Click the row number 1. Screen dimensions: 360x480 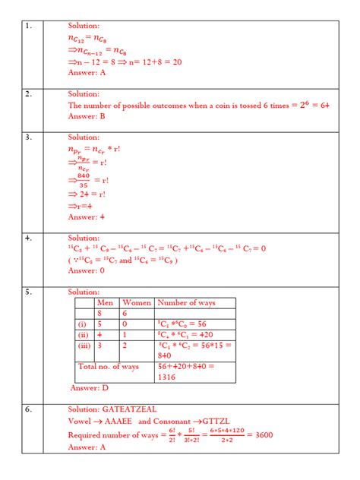(x=28, y=27)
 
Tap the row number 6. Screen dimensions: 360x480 (x=28, y=409)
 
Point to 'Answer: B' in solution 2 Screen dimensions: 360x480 (x=86, y=117)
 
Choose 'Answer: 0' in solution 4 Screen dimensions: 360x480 (x=86, y=270)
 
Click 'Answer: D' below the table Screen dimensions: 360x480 (x=89, y=387)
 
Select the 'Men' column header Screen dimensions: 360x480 (x=105, y=302)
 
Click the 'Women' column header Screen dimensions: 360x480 (x=137, y=302)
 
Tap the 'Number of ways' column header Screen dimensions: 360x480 (x=186, y=302)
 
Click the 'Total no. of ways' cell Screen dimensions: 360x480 (x=109, y=366)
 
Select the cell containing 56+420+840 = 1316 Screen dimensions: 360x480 (x=188, y=371)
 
